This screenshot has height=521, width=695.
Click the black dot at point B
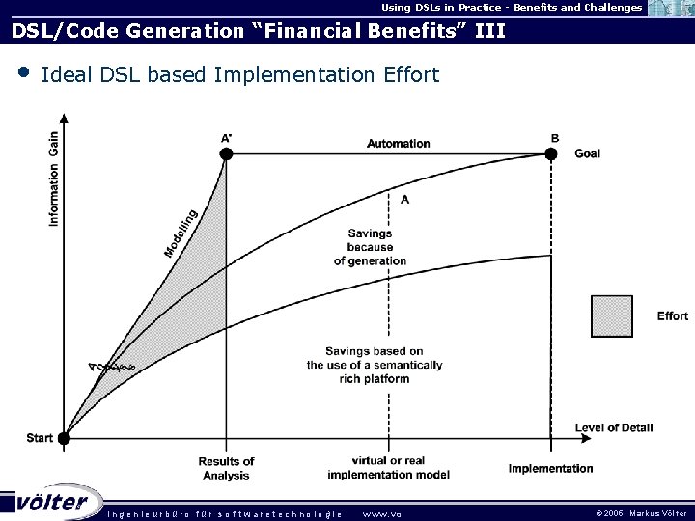[551, 153]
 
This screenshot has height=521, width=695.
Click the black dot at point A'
[226, 153]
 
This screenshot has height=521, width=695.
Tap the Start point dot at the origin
[65, 438]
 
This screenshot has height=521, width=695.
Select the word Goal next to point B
[587, 153]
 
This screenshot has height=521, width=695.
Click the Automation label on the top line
[398, 143]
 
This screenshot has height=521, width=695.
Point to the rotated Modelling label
[181, 233]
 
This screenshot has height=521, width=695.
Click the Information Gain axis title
[53, 179]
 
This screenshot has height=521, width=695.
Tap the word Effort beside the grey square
[672, 315]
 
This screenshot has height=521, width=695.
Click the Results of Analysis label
[226, 468]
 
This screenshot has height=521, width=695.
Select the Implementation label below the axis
[551, 469]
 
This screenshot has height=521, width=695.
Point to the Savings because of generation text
[370, 247]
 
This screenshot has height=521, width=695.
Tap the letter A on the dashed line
[404, 199]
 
